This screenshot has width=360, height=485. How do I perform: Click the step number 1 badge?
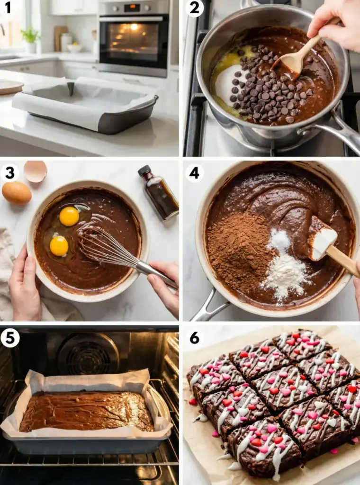pyautogui.click(x=8, y=8)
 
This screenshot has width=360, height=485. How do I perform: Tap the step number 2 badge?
pyautogui.click(x=194, y=8)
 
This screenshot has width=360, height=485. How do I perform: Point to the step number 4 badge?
pyautogui.click(x=194, y=173)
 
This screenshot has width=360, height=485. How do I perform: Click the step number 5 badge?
pyautogui.click(x=10, y=338)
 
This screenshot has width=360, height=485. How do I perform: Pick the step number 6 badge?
pyautogui.click(x=194, y=338)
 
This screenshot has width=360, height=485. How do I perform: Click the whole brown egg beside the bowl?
pyautogui.click(x=17, y=193)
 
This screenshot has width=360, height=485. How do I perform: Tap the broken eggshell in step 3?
pyautogui.click(x=35, y=171)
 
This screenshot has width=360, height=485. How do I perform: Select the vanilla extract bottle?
pyautogui.click(x=159, y=193)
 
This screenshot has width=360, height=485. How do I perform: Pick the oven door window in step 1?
pyautogui.click(x=134, y=42)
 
